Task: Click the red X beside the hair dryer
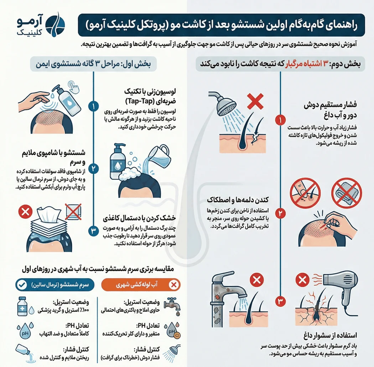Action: coord(302,281)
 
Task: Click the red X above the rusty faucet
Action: coord(255,280)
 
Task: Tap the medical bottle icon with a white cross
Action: coord(22,307)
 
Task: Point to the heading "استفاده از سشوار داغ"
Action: coord(333,335)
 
